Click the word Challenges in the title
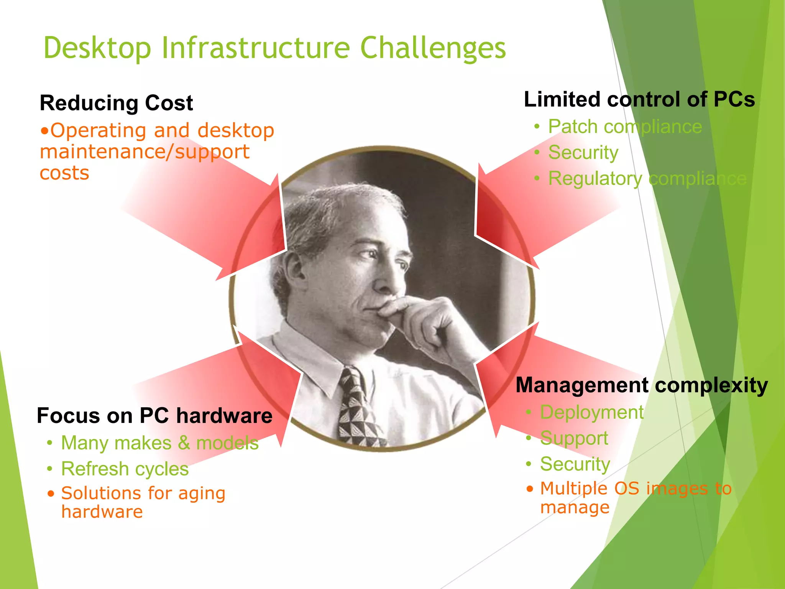[x=433, y=48]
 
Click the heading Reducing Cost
[x=116, y=103]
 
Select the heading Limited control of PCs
[x=639, y=99]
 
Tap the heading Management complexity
[x=642, y=385]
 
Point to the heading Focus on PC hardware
[x=154, y=416]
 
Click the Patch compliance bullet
[x=625, y=127]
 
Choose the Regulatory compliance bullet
[x=647, y=179]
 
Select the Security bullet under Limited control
[x=583, y=153]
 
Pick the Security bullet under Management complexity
[x=575, y=464]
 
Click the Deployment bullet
[x=591, y=413]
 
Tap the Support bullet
[x=574, y=438]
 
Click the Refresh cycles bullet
[x=125, y=469]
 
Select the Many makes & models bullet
[x=160, y=443]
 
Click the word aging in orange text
[x=202, y=494]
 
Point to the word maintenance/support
[x=145, y=152]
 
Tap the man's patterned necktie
[x=356, y=410]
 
